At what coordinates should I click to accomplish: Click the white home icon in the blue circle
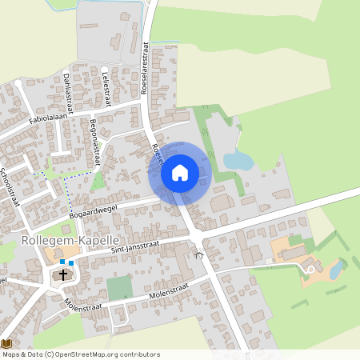tap(180, 173)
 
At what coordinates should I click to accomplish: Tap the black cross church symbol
tap(63, 276)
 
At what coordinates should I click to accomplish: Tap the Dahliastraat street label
tap(68, 91)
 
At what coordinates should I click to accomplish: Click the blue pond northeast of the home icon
tap(238, 162)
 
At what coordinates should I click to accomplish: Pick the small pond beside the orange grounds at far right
tap(337, 270)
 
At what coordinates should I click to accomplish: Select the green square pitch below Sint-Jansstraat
tap(120, 288)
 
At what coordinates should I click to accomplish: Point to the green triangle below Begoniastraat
tap(98, 182)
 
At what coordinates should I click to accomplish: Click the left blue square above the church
tap(62, 262)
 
